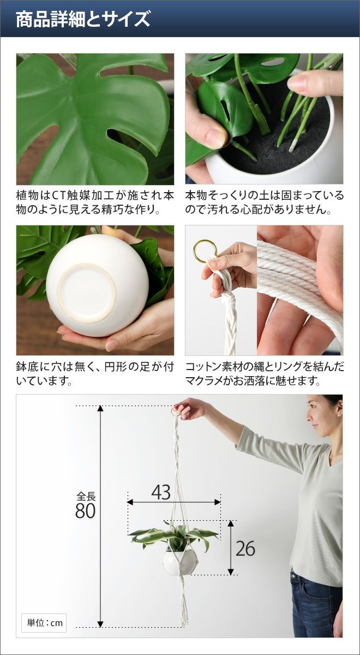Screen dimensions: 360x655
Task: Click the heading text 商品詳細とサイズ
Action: click(x=83, y=19)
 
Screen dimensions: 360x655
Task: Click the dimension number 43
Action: click(x=161, y=492)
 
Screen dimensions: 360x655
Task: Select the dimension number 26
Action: click(x=245, y=548)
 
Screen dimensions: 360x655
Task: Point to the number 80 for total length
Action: click(x=85, y=511)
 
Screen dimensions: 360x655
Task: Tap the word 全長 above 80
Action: click(x=86, y=497)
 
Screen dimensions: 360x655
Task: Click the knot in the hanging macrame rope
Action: click(x=178, y=437)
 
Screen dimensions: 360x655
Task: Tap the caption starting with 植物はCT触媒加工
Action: click(x=95, y=203)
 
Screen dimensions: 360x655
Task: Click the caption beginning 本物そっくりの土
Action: click(x=265, y=203)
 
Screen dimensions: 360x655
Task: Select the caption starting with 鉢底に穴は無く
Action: click(x=95, y=373)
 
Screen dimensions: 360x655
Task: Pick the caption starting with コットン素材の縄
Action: click(x=265, y=373)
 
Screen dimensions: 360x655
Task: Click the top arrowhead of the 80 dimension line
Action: click(x=100, y=408)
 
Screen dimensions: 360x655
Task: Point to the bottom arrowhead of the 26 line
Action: click(x=231, y=572)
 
